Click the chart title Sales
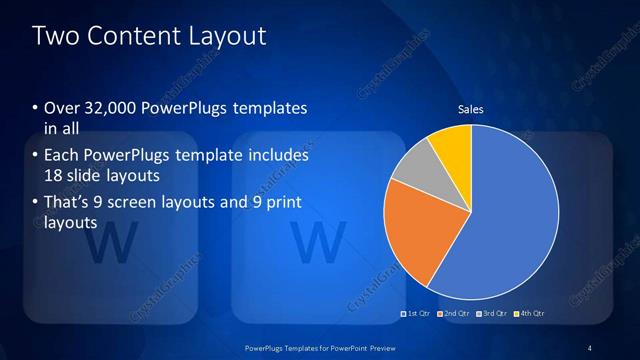tap(471, 109)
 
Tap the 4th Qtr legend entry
tap(530, 314)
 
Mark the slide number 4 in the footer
tap(591, 347)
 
